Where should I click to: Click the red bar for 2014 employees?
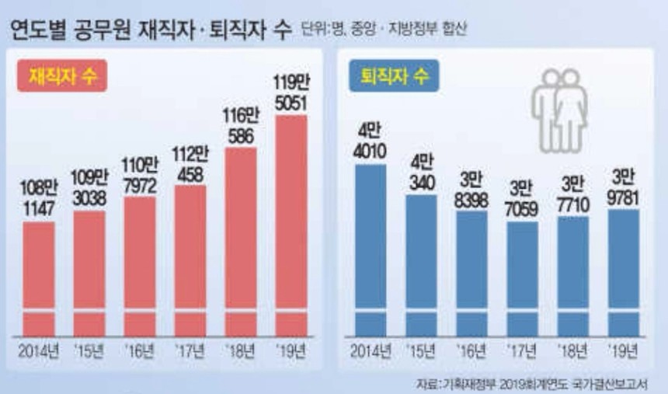point(39,272)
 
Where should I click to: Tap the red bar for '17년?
point(190,256)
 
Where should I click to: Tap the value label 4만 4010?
point(371,141)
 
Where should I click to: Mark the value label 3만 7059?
point(522,199)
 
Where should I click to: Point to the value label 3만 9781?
point(623,187)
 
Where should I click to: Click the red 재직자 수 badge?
point(61,76)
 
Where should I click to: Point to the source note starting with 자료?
point(536,383)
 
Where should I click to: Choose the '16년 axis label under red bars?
point(140,349)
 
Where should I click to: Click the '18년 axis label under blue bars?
point(572,349)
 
